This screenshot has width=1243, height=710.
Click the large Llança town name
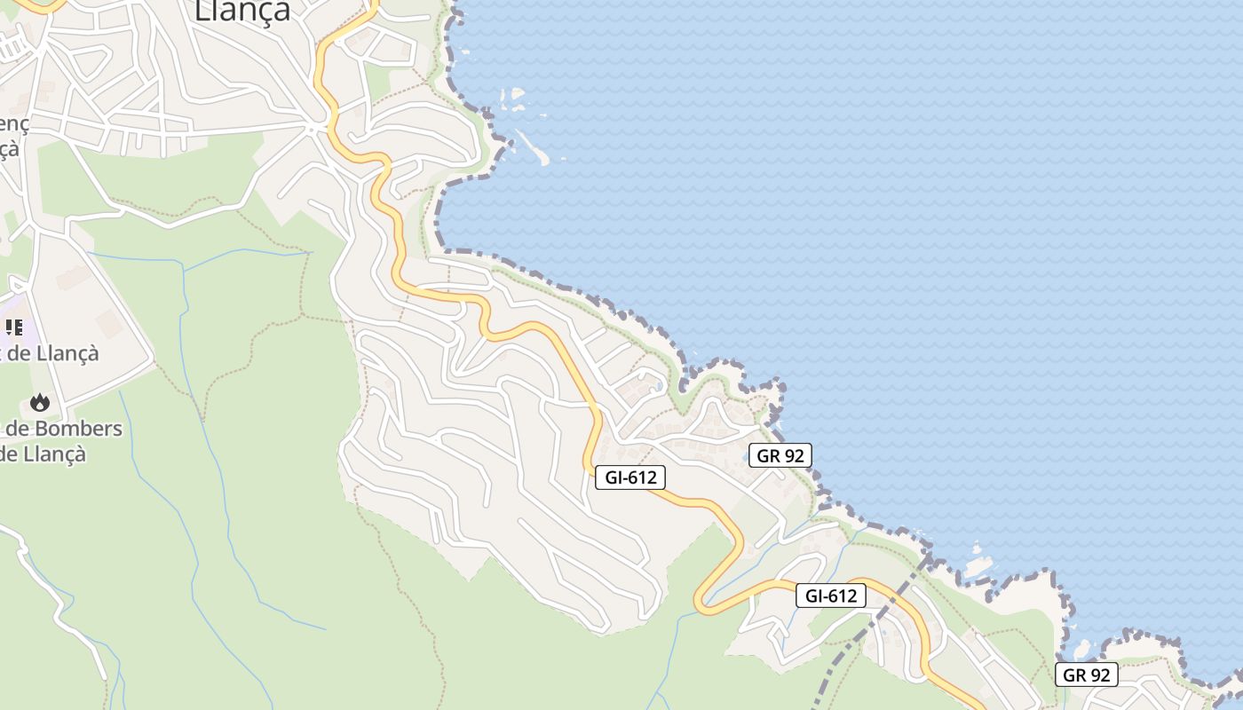point(241,11)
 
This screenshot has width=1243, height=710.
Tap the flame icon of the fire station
point(40,403)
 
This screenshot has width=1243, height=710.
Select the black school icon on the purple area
point(14,327)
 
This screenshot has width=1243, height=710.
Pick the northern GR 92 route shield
point(780,455)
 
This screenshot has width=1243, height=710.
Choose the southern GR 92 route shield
point(1087,674)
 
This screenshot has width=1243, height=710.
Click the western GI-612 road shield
point(629,477)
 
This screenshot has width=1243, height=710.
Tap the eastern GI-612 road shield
point(830,596)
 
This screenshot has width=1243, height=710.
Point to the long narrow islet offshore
point(533,146)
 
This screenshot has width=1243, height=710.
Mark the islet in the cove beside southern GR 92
point(1081,649)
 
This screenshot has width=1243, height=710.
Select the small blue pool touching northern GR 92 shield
point(747,457)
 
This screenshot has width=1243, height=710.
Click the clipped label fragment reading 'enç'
point(14,124)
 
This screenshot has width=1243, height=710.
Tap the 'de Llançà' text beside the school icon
point(55,353)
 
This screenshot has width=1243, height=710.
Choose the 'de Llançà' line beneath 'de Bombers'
point(44,454)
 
